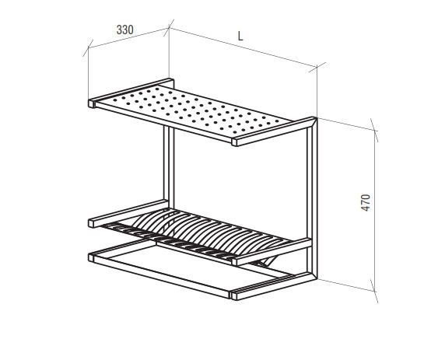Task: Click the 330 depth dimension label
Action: (x=124, y=30)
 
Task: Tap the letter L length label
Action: (x=240, y=36)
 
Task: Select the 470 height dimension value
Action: (x=366, y=202)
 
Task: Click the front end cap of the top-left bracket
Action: (x=91, y=103)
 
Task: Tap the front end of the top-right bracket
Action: (x=234, y=142)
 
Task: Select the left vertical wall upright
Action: (x=169, y=167)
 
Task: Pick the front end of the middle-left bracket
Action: (x=91, y=223)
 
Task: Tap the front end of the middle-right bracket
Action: (x=234, y=261)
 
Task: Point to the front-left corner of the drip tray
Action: (x=91, y=257)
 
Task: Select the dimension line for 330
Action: (x=128, y=38)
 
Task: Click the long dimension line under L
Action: (x=243, y=47)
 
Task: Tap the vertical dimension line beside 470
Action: (x=374, y=211)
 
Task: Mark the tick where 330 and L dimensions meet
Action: (x=169, y=28)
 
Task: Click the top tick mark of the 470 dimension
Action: (x=374, y=130)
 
